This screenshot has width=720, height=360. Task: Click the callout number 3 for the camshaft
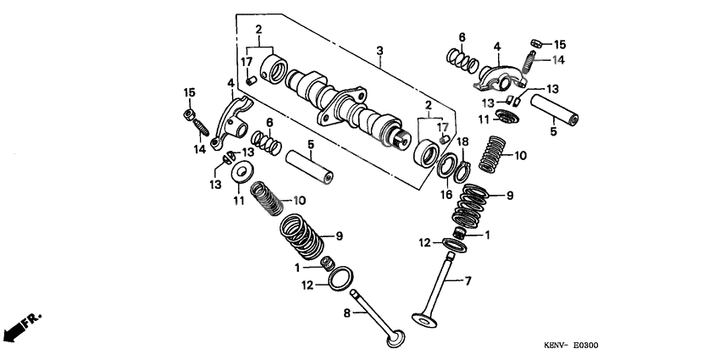380,51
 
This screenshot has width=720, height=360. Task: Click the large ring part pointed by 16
446,163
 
